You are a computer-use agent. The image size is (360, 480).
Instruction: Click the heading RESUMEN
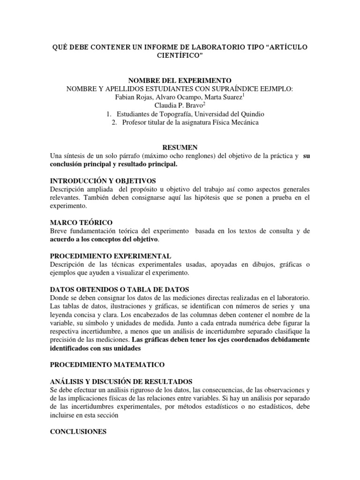pos(180,147)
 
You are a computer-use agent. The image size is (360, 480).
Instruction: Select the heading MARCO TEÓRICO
pos(81,222)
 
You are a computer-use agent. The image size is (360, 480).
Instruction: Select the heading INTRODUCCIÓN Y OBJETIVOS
pos(103,180)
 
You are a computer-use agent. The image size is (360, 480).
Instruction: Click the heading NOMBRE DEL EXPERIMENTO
pos(180,81)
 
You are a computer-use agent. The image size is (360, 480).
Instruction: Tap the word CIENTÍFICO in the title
pos(180,56)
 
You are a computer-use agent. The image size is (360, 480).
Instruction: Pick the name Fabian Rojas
pos(133,97)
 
